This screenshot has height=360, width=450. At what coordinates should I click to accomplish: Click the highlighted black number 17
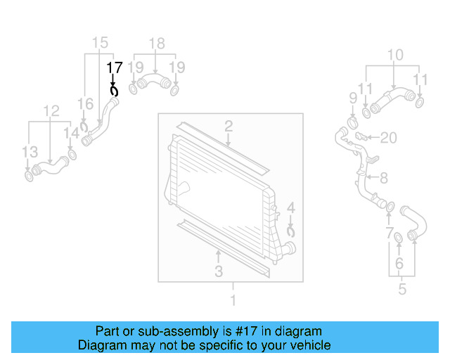coord(114,67)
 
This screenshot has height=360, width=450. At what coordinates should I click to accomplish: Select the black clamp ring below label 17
coord(114,91)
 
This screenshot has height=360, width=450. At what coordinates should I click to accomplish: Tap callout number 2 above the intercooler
coord(229,127)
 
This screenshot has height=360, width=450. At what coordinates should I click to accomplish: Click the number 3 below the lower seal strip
coord(219,271)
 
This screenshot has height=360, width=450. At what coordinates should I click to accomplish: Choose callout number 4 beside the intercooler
coord(291,208)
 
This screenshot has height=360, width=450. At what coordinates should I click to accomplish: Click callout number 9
coord(353,96)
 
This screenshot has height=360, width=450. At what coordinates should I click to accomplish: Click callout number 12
coord(51,110)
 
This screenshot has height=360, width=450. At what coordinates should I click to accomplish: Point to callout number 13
coord(29,151)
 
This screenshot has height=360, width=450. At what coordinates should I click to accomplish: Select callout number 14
coord(72,133)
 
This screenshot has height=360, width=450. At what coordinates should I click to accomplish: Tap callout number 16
coord(84,104)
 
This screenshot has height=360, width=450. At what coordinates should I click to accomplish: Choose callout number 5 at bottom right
coord(402,288)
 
